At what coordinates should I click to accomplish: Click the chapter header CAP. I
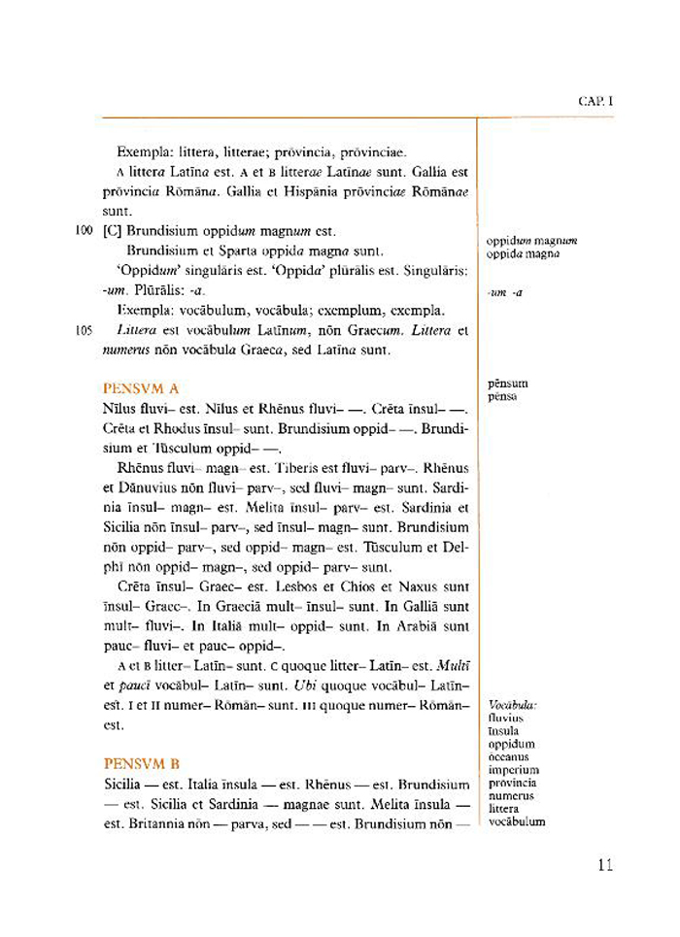point(595,100)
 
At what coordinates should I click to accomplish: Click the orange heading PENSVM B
point(141,764)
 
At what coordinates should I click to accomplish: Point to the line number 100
point(83,231)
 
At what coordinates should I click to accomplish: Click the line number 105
point(83,330)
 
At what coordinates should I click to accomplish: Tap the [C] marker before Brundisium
point(112,231)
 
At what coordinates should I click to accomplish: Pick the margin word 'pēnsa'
point(503,396)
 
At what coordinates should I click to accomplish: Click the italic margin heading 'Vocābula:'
point(514,705)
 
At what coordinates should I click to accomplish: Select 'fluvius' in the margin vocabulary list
point(506,719)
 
